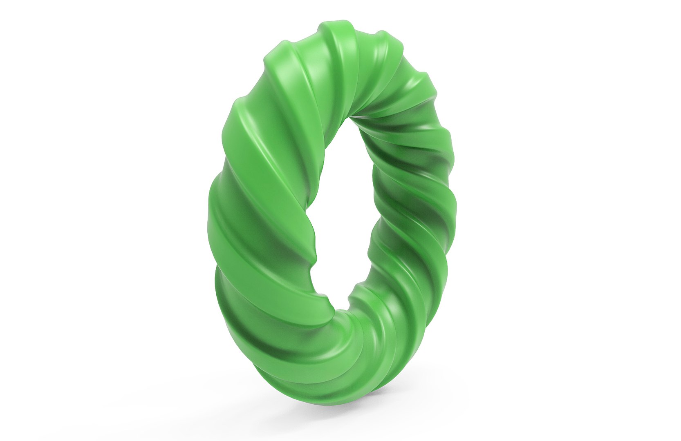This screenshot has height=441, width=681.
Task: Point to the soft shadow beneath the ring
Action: point(347,402)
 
